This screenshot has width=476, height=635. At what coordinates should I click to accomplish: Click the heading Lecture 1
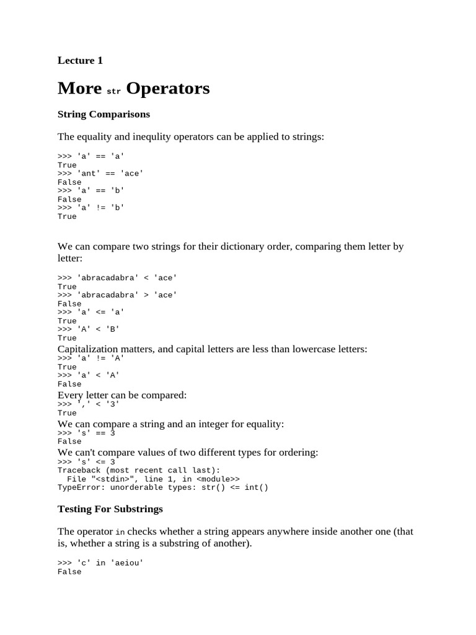(80, 60)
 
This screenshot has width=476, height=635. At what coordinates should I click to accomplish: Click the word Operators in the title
(167, 89)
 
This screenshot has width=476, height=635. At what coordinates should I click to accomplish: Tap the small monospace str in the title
(113, 91)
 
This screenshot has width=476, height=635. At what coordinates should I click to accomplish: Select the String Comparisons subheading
(104, 114)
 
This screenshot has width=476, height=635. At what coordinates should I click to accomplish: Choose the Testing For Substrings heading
(110, 508)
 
